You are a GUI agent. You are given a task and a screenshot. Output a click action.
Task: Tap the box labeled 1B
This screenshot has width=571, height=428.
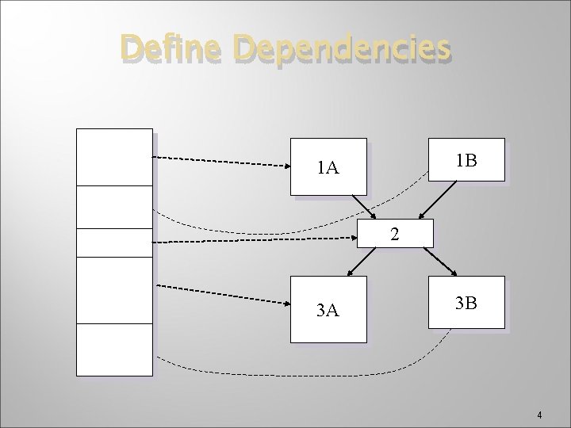point(466,161)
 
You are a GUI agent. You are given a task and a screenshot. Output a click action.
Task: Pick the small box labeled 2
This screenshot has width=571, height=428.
point(395,234)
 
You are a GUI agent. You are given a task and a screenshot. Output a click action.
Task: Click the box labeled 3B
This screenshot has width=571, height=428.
point(466,302)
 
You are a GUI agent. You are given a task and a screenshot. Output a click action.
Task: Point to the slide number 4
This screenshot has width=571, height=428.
point(539,415)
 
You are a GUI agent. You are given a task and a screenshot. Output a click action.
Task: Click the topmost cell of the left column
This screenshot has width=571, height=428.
point(113,157)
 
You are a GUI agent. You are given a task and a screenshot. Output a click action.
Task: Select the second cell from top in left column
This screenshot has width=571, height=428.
point(113,207)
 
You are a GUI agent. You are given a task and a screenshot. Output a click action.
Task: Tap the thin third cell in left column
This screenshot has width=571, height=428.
point(113,243)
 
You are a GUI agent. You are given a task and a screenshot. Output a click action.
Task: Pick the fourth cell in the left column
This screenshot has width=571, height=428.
point(113,290)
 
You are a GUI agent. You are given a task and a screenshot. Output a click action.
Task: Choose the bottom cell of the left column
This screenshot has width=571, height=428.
point(113,349)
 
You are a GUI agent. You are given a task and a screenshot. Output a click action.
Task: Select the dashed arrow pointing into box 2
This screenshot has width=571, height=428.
point(254,239)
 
